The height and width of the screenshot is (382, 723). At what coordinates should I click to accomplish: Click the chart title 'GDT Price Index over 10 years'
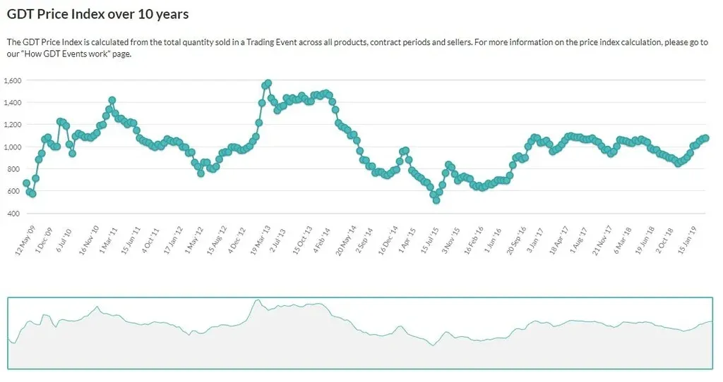(x=97, y=14)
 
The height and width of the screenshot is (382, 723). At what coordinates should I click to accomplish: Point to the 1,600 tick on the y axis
(x=13, y=80)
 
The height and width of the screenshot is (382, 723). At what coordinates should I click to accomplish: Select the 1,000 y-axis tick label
(x=13, y=147)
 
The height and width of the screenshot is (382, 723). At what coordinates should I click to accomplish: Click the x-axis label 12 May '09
(x=25, y=242)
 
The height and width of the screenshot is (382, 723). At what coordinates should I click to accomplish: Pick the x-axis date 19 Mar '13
(x=262, y=242)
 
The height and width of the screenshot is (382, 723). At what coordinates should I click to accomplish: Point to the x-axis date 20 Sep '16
(x=517, y=242)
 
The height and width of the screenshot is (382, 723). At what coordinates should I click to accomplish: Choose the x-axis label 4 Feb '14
(x=323, y=241)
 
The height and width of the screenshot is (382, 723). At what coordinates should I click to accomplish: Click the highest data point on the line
(x=268, y=83)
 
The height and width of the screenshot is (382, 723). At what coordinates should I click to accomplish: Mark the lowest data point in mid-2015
(x=436, y=200)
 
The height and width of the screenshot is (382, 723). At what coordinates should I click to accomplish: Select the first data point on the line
(x=26, y=183)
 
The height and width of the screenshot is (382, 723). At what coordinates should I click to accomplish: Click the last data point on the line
(x=705, y=138)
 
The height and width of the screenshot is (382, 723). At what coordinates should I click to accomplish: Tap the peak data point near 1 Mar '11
(x=112, y=100)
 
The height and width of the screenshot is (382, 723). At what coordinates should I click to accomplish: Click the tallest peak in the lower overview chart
(x=258, y=300)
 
